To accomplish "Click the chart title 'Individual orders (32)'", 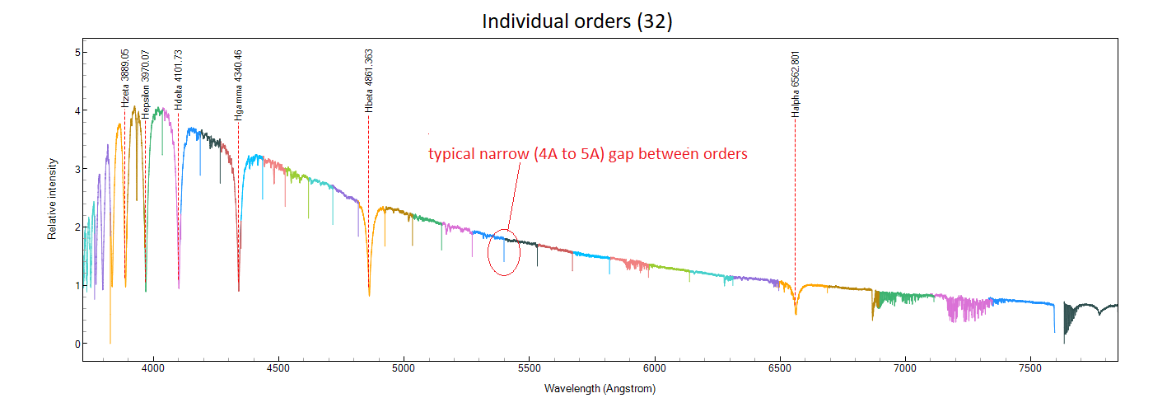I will tap(576, 21).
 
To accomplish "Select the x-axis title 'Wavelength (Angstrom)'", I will tap(600, 387).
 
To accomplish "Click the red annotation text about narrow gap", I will tap(587, 154).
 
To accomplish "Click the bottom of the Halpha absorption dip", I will tap(796, 313).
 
